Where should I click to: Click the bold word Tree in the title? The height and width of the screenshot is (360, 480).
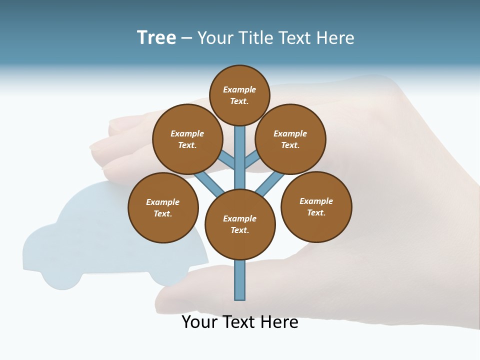pos(156,37)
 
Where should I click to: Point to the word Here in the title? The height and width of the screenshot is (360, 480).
pos(335,38)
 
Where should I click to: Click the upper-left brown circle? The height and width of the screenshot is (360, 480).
pos(187,139)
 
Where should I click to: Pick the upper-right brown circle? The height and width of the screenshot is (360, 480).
pos(290,139)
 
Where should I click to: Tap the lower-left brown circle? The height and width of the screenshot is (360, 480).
pos(163,207)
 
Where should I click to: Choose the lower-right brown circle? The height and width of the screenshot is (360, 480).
pos(316,206)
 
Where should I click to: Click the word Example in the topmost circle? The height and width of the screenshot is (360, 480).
pos(239,89)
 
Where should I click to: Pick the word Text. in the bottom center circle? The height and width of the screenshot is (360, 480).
pos(239,230)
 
